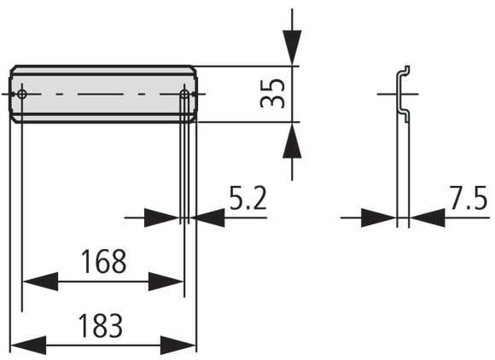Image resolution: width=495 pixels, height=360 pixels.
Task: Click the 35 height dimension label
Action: point(272,93)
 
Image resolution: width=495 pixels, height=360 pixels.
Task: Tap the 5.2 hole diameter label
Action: point(247,198)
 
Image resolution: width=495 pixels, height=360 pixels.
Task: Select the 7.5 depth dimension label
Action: point(469,198)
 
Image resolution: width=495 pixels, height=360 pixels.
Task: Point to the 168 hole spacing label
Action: point(103,261)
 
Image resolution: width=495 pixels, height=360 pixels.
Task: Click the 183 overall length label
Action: point(101,326)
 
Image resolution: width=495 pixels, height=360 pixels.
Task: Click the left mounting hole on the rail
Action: point(22,94)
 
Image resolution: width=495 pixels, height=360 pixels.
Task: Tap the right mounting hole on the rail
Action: point(184,94)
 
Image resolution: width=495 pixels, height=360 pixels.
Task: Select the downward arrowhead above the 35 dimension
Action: point(292,48)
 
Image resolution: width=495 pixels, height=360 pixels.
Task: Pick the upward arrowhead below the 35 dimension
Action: point(292,140)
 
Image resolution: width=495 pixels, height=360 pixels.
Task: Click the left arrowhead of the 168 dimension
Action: point(40,282)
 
